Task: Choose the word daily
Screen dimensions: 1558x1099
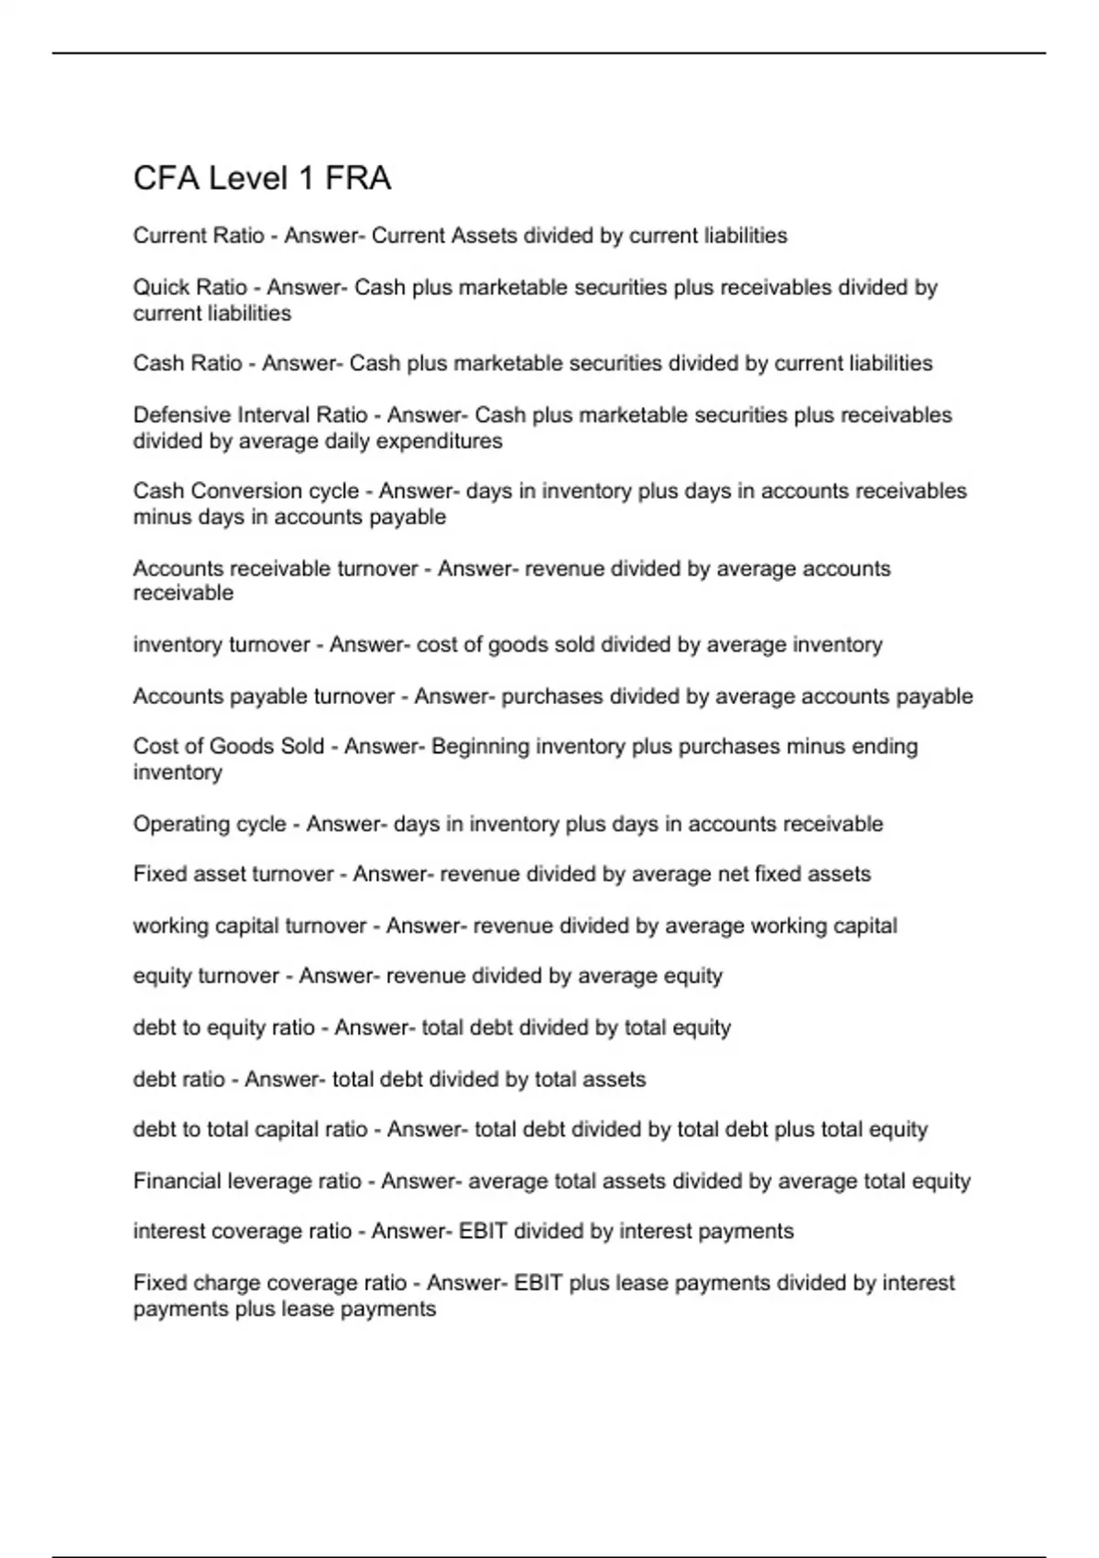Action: click(349, 441)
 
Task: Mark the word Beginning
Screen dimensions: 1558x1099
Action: click(480, 747)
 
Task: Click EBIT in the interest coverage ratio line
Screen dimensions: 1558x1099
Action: click(483, 1232)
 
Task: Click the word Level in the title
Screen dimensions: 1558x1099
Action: click(245, 178)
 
